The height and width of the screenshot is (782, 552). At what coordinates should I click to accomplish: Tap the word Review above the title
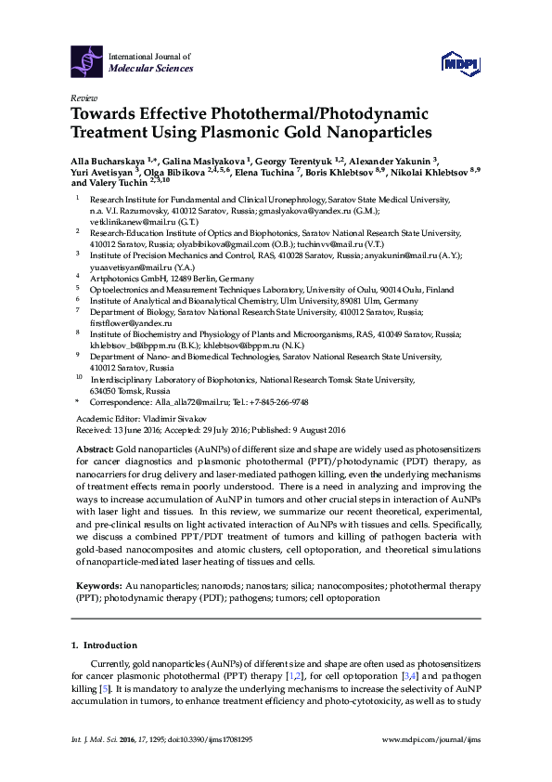tap(83, 97)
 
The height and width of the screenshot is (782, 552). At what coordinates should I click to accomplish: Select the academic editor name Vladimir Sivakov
tap(163, 419)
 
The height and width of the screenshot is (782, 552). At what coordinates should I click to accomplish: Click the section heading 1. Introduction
tap(104, 645)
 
